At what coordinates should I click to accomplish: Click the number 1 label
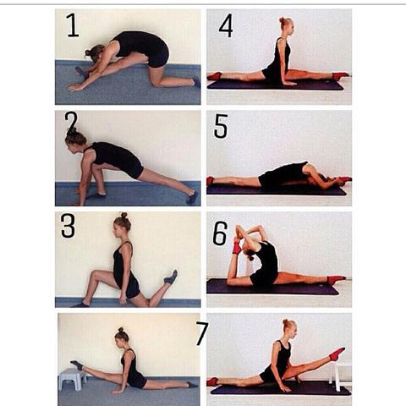click(x=73, y=25)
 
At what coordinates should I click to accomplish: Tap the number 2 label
click(x=70, y=121)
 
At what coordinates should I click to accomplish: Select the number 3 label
click(x=68, y=226)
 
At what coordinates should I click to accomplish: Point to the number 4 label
click(x=226, y=25)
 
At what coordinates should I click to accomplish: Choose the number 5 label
click(x=221, y=126)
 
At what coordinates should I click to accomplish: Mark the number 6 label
click(x=220, y=233)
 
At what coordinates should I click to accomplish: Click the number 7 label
click(x=202, y=333)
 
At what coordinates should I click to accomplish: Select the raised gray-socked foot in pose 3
click(x=171, y=277)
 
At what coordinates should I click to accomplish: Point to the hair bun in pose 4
click(x=283, y=20)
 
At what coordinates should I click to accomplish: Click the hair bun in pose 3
click(x=123, y=216)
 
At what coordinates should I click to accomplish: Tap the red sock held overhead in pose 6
click(x=236, y=246)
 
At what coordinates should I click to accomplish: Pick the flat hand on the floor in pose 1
click(x=74, y=88)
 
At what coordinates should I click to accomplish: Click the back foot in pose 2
click(x=192, y=198)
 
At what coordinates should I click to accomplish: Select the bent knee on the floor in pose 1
click(x=155, y=81)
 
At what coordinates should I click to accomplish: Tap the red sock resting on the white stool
click(x=337, y=354)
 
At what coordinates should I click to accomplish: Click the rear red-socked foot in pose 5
click(x=210, y=181)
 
